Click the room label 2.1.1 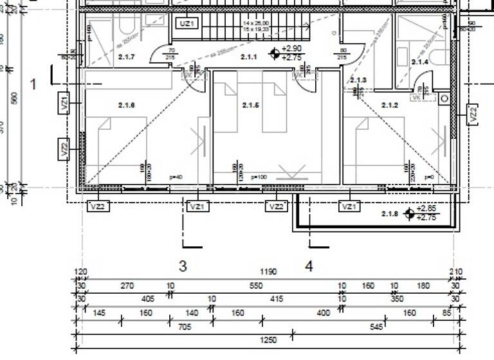pyautogui.click(x=249, y=57)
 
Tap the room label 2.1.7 pyautogui.click(x=127, y=57)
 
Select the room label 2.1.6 pyautogui.click(x=126, y=105)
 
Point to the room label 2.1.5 pyautogui.click(x=250, y=105)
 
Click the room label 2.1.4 pyautogui.click(x=419, y=62)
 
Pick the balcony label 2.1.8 pyautogui.click(x=390, y=213)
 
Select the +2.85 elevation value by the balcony pyautogui.click(x=426, y=209)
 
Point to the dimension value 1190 pyautogui.click(x=269, y=272)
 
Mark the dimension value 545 pyautogui.click(x=376, y=326)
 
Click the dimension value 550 pyautogui.click(x=256, y=285)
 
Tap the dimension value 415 pyautogui.click(x=277, y=299)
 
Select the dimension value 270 pyautogui.click(x=127, y=285)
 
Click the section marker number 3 pyautogui.click(x=183, y=266)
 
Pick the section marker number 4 pyautogui.click(x=309, y=266)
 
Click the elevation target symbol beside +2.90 pyautogui.click(x=275, y=53)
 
